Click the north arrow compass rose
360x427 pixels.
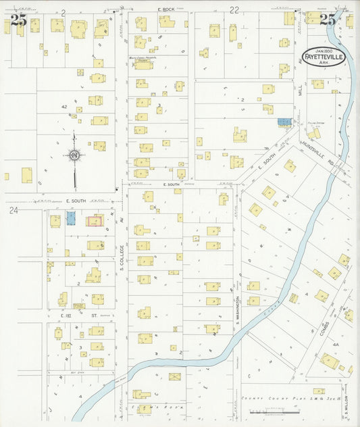[74, 156]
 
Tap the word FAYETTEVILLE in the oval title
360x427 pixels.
[326, 57]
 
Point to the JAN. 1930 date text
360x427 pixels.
[326, 49]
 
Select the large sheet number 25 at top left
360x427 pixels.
[18, 20]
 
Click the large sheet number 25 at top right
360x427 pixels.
[329, 20]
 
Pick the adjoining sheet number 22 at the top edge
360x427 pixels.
[234, 10]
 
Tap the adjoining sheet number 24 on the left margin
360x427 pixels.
[13, 211]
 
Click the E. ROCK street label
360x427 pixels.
[166, 9]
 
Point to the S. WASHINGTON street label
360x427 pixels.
[238, 308]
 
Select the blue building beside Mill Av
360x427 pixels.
[285, 122]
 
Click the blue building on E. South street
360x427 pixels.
[71, 219]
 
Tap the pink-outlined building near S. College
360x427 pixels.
[95, 221]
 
